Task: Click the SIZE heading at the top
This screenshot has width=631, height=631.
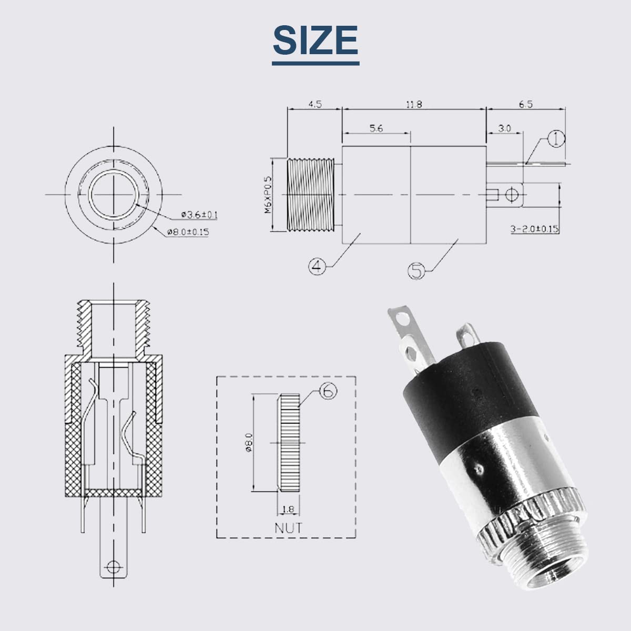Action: [x=315, y=40]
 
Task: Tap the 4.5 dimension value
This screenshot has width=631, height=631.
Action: [x=315, y=104]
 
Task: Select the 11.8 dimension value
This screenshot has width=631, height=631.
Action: [x=414, y=105]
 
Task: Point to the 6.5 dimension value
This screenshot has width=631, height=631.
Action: [x=525, y=104]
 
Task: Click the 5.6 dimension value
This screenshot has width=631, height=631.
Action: [x=376, y=128]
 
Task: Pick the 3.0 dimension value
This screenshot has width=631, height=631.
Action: [x=504, y=128]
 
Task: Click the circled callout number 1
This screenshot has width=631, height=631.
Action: [x=556, y=138]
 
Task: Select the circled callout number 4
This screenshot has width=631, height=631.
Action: [x=317, y=267]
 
